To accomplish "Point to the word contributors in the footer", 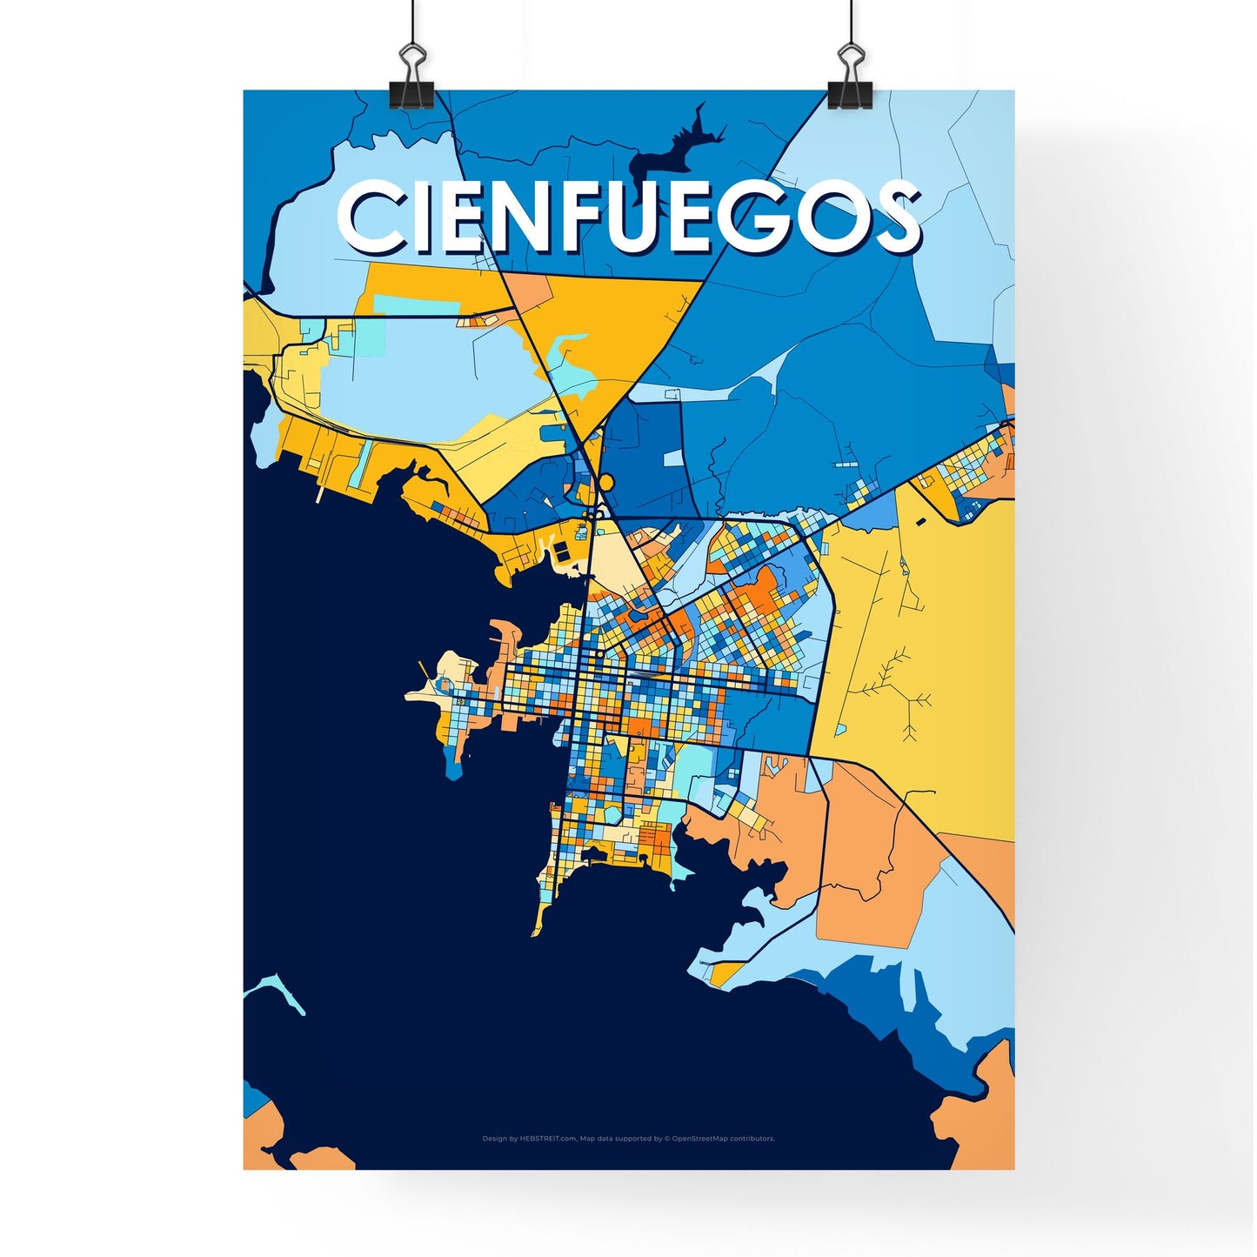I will [752, 1139].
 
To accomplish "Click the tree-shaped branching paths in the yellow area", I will [896, 687].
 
